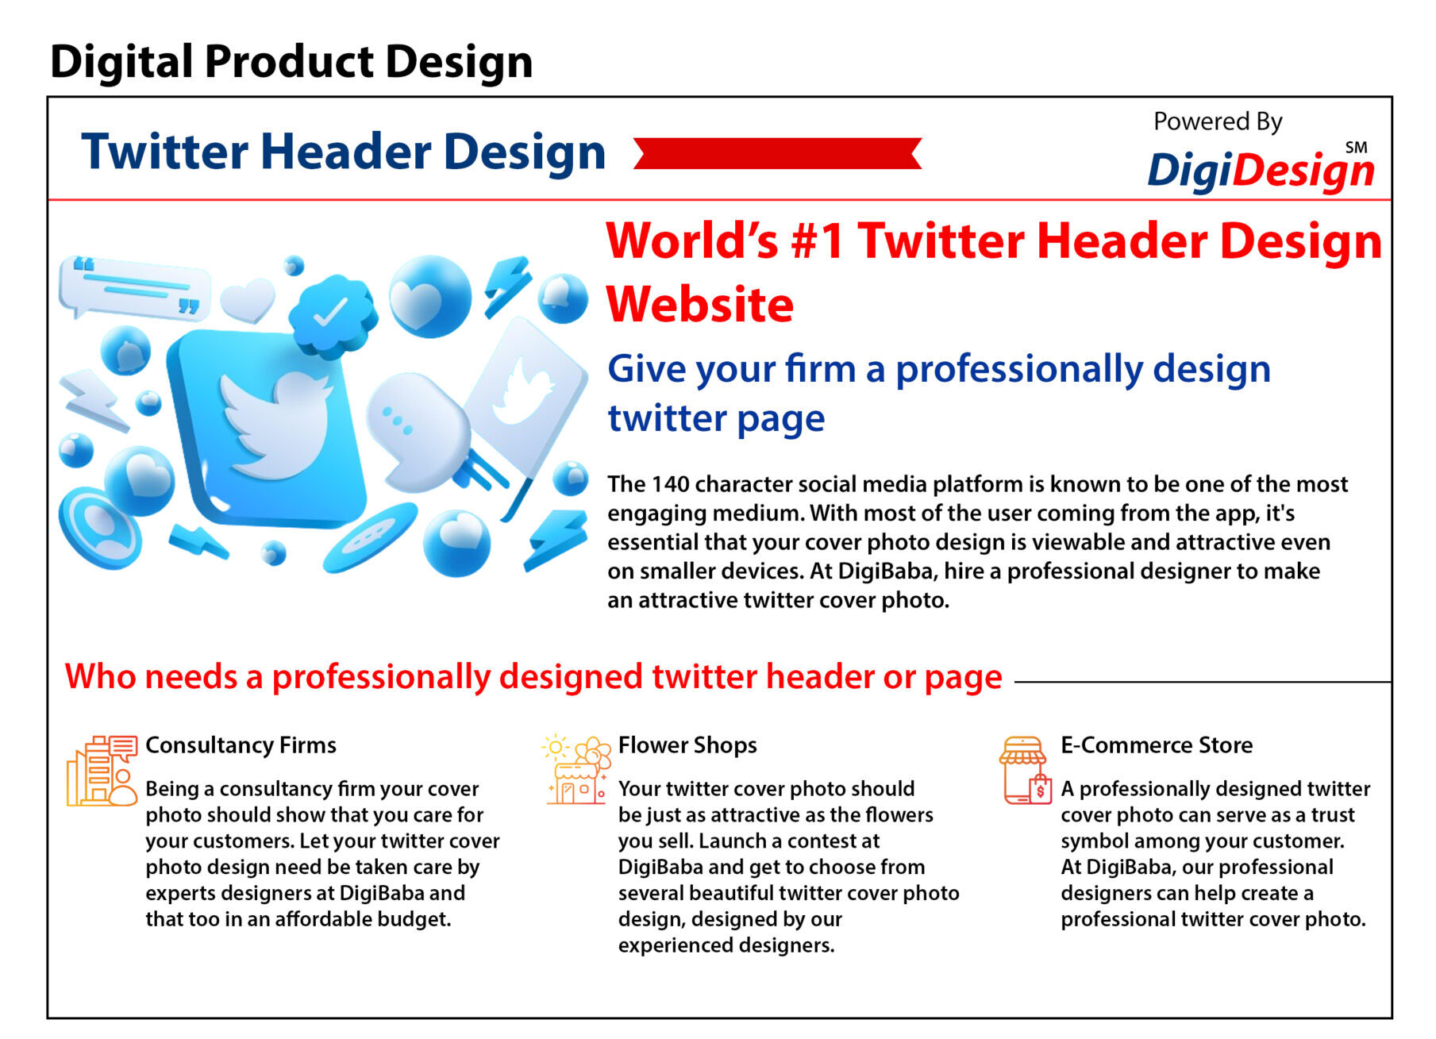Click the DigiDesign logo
(1261, 168)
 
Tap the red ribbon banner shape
(777, 153)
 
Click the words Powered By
(1218, 122)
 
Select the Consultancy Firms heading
(241, 745)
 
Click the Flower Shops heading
(687, 745)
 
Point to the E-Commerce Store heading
(1157, 745)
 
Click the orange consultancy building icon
(102, 770)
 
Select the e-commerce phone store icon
(1026, 770)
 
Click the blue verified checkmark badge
(332, 314)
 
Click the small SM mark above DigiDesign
(1357, 148)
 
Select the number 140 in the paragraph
(669, 484)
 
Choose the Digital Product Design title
(291, 62)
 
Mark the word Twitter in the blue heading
(165, 152)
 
